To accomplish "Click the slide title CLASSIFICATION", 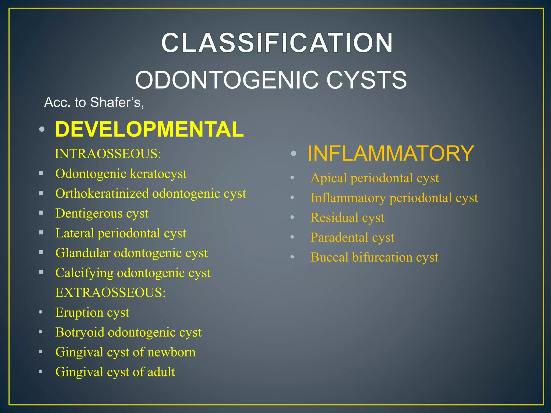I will coord(277,43).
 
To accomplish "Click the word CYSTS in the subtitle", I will coord(366,80).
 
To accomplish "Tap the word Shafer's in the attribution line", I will coord(117,102).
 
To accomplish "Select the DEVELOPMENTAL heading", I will coord(149,129).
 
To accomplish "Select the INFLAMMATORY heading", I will coord(390,153).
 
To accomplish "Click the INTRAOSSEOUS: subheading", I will coord(108,154).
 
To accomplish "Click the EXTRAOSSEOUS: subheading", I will coord(110,293).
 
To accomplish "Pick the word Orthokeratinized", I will coord(102,194).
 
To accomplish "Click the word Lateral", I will coord(75,233).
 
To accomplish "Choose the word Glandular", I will coord(83,253).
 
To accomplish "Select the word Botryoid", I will coord(80,332).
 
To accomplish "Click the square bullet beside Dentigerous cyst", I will coord(41,213).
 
